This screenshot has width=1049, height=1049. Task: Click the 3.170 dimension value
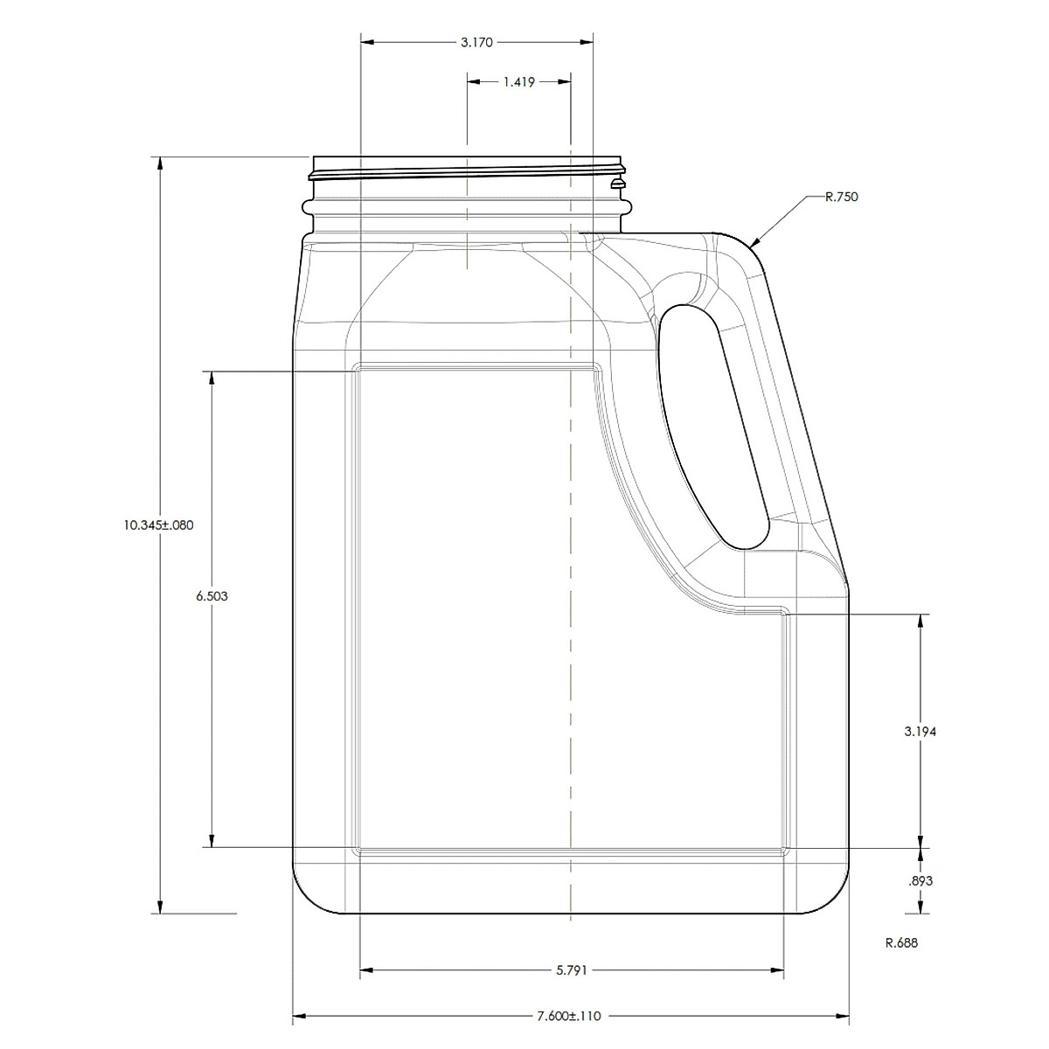476,41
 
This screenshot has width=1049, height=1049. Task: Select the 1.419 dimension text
518,82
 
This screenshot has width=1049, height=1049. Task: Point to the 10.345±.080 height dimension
158,525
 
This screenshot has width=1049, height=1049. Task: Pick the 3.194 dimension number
920,733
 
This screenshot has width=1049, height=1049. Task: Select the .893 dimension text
920,881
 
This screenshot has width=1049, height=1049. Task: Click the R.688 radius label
901,943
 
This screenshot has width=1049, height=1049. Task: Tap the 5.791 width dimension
571,970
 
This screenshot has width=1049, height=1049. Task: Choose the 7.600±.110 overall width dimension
569,1017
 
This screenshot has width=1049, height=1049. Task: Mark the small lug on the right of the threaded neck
618,184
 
